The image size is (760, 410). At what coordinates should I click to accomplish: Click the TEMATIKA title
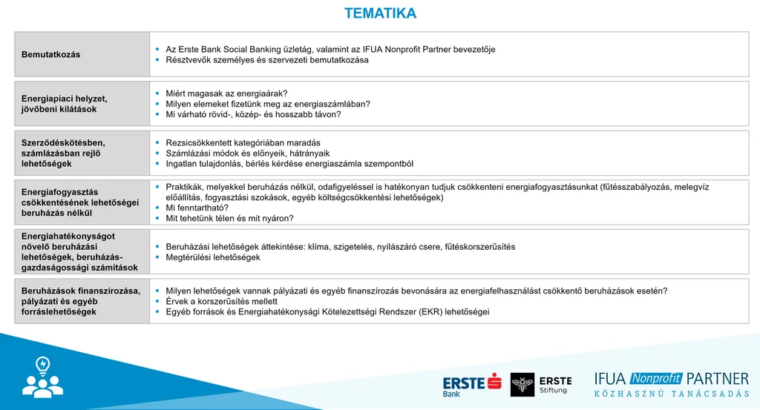tap(380, 13)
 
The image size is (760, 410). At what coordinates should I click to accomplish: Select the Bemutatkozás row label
tap(51, 55)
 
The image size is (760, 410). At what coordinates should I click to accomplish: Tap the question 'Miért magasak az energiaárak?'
tap(216, 94)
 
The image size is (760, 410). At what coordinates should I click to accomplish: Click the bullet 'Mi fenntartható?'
tap(197, 208)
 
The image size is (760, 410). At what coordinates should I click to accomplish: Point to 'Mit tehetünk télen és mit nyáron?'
tap(229, 219)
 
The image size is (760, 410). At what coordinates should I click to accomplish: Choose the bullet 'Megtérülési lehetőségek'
tap(213, 257)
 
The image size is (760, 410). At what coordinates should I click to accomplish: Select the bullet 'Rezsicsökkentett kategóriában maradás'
tap(237, 143)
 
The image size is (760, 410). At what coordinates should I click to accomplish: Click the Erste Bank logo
tap(471, 385)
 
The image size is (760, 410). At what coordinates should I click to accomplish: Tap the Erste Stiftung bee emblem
tap(522, 385)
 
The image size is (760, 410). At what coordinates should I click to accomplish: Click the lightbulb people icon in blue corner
tap(43, 377)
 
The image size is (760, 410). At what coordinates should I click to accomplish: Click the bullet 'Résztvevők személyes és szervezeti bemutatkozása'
tap(267, 60)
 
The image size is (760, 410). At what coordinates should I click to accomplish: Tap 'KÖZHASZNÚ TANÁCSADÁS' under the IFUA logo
tap(671, 394)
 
